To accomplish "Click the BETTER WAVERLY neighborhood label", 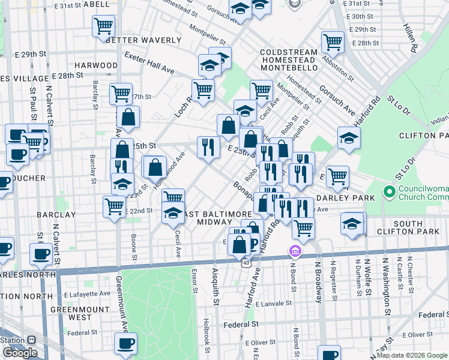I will point(143,40).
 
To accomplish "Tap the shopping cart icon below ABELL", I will point(103,26).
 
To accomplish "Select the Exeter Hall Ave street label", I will point(149,63).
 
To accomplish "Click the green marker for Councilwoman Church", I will point(390,193).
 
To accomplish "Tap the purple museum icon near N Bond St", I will point(294,250).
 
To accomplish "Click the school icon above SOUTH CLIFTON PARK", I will point(352,223).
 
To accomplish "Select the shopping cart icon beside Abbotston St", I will point(333,41).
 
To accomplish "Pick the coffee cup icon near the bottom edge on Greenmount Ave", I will point(125,344).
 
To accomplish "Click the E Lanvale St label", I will point(273,304).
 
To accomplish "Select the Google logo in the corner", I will point(20,353).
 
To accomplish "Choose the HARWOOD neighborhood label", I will point(96,65).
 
